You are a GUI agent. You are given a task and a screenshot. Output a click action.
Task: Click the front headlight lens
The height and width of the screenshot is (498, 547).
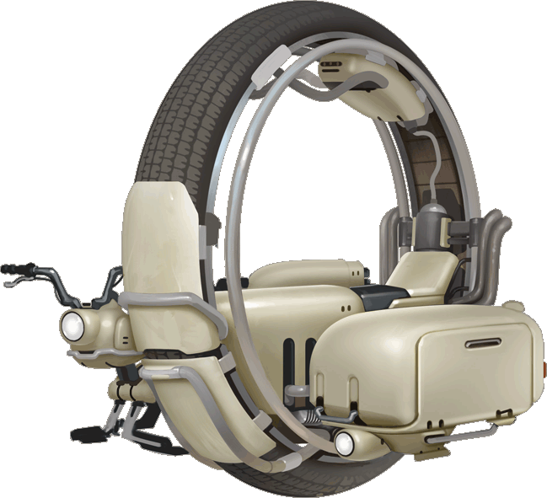[73, 324]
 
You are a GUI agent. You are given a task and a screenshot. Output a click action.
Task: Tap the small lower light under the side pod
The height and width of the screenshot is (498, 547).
[344, 442]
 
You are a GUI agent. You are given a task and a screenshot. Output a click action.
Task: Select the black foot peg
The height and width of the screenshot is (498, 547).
[87, 435]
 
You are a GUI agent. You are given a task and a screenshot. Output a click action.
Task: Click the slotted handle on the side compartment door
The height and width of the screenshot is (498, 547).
[482, 344]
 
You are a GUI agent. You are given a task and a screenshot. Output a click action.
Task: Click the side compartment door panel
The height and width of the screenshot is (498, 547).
[480, 362]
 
